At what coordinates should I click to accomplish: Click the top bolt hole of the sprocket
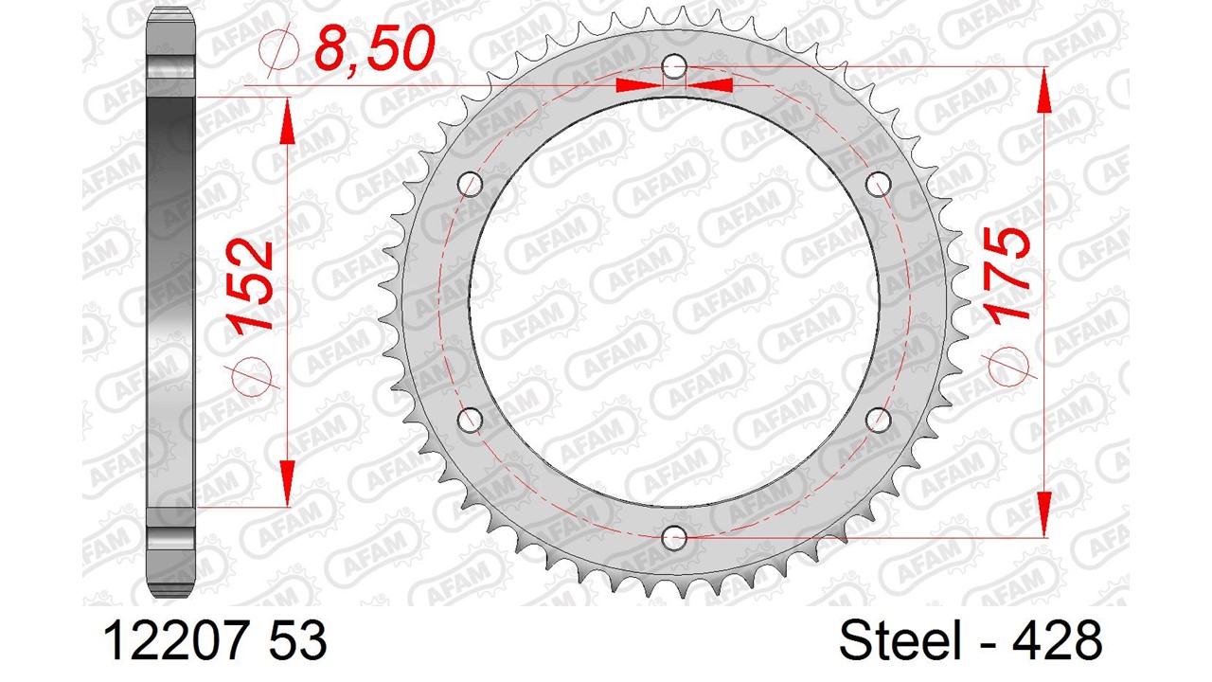(x=674, y=67)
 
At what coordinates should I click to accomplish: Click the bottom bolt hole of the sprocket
(x=674, y=537)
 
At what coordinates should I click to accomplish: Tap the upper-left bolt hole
(x=471, y=185)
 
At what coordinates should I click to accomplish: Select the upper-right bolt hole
(x=878, y=185)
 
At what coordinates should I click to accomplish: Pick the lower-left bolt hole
(x=471, y=420)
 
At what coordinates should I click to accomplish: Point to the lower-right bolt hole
(x=878, y=420)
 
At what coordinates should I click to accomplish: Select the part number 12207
(x=176, y=639)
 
